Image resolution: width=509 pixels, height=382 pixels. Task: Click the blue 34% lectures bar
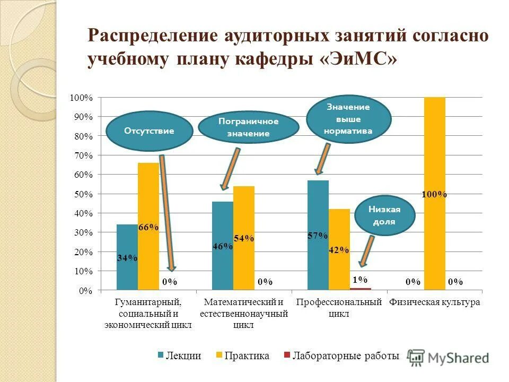tap(127, 257)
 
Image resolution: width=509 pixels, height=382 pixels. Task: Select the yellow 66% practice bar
tap(148, 227)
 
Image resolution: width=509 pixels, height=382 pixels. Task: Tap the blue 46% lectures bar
tap(223, 246)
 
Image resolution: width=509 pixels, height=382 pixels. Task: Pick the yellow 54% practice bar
tap(244, 238)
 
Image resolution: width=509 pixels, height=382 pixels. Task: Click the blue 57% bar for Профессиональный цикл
tap(318, 235)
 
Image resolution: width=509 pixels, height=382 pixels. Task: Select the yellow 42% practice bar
tap(339, 249)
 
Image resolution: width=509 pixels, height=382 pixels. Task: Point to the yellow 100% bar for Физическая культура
tap(435, 194)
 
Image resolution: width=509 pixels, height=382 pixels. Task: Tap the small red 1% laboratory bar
tap(361, 289)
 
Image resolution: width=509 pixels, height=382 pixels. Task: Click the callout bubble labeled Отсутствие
tap(149, 131)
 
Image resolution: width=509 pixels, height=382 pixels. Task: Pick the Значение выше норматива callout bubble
tap(348, 118)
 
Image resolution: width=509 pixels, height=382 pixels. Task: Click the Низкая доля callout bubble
tap(384, 215)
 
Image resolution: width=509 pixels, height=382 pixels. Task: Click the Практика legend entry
tap(242, 356)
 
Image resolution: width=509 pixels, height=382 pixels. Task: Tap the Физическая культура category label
tap(435, 302)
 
